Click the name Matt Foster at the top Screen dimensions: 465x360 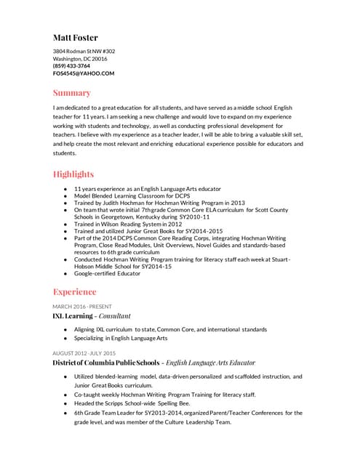[75, 38]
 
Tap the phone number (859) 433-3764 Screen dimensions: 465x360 [71, 66]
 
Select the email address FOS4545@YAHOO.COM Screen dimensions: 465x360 [84, 73]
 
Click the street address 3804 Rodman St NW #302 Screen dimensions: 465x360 [84, 52]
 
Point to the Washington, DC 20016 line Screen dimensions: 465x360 [79, 59]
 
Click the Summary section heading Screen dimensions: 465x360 [71, 93]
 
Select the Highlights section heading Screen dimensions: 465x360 [73, 174]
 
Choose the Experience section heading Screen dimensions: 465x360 [74, 292]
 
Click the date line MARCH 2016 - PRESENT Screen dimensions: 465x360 [82, 307]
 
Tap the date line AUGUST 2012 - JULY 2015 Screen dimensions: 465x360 [84, 353]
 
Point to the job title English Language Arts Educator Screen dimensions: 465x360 [210, 363]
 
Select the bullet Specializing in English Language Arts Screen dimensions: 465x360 [121, 338]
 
